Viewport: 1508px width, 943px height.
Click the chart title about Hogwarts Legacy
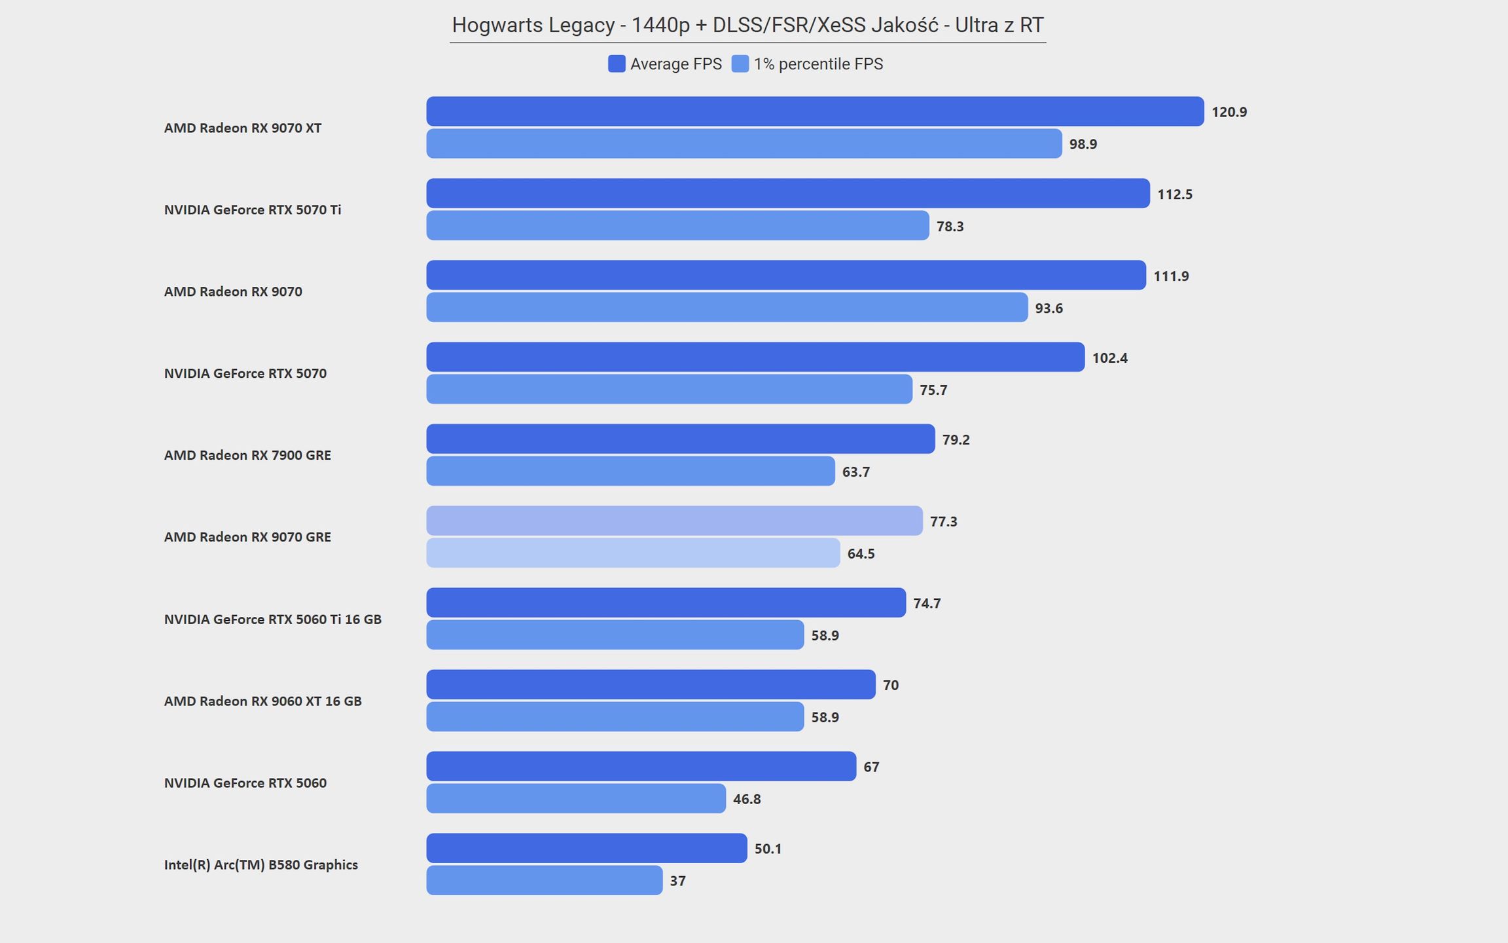click(747, 25)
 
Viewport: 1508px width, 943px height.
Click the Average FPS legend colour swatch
click(617, 64)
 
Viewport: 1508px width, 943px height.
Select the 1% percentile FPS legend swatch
click(740, 64)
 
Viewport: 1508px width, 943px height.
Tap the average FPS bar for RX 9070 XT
click(815, 111)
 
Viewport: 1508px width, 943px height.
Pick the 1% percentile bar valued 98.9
click(744, 143)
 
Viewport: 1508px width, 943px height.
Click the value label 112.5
click(1175, 194)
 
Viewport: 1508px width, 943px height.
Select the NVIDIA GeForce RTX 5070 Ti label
click(253, 210)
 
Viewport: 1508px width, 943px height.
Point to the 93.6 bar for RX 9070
click(727, 307)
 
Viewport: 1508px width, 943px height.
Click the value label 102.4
click(1110, 358)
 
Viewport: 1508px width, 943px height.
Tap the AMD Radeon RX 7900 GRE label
click(247, 455)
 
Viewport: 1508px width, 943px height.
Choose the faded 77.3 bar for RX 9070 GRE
click(674, 521)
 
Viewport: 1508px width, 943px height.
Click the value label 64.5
click(861, 554)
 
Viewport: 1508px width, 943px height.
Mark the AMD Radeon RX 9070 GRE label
click(247, 537)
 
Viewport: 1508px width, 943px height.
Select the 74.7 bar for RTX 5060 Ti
click(666, 602)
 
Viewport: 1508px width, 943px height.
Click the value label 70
click(891, 686)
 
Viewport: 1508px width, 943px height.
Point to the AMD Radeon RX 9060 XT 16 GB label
click(262, 701)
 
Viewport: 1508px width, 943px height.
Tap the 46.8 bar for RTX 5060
click(576, 798)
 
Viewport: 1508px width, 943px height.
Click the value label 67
click(871, 767)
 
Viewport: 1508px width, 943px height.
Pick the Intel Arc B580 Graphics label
click(260, 864)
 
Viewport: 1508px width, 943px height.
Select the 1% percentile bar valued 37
click(545, 880)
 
